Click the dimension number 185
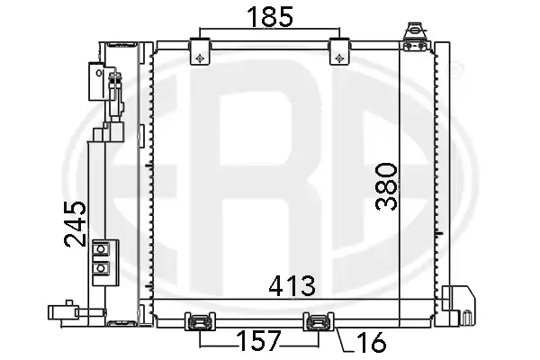270,17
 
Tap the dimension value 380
386,186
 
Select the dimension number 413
292,286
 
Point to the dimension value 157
259,341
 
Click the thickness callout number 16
372,342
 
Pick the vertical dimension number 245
75,224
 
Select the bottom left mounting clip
200,321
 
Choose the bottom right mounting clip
319,321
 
